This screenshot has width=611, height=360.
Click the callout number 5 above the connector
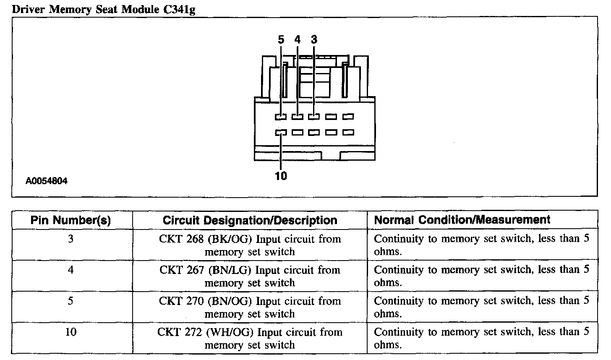coord(281,40)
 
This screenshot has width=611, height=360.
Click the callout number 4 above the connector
coord(298,40)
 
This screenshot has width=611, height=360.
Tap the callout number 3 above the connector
coord(314,40)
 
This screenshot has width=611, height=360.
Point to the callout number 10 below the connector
coord(281,176)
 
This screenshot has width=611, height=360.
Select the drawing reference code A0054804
coord(47,181)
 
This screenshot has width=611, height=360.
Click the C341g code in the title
coord(178,9)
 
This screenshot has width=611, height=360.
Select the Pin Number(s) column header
coord(71,220)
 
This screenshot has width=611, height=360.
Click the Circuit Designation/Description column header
coord(250,220)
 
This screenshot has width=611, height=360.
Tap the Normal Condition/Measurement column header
coord(462,220)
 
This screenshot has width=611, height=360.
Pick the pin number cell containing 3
coord(71,239)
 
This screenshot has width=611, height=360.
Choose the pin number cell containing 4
coord(71,270)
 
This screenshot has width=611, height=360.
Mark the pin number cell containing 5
coord(71,301)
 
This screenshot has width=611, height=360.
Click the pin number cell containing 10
coord(71,332)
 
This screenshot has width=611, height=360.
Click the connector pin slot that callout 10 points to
coord(281,133)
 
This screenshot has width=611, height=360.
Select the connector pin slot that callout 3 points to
coord(314,117)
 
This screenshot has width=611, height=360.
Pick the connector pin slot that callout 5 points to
coord(281,117)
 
